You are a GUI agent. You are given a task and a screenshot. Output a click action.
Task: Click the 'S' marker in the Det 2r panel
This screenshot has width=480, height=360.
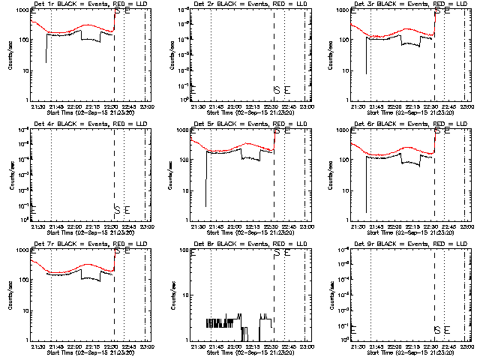tap(276, 91)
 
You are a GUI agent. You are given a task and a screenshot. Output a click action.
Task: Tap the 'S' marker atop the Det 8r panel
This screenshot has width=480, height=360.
tap(276, 251)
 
